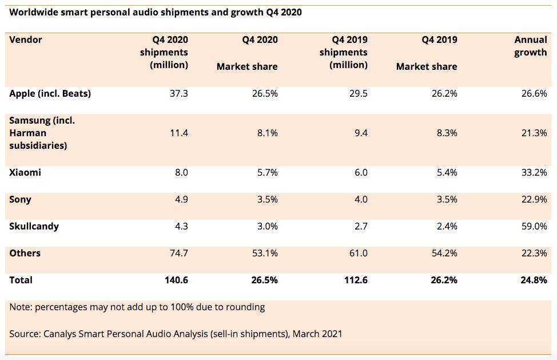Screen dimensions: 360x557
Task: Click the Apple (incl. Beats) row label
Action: coord(50,94)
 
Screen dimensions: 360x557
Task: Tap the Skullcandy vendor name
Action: coord(34,226)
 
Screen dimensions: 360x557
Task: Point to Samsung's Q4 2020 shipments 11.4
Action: coord(177,133)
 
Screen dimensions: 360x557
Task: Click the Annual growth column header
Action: coord(531,46)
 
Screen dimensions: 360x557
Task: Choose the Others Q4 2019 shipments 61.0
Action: coord(356,253)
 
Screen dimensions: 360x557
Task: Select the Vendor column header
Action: coord(26,40)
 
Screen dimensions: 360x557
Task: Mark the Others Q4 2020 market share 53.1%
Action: coord(265,253)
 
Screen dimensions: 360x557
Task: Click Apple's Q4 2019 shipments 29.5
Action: coord(356,94)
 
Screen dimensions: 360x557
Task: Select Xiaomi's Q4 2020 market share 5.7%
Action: coord(266,173)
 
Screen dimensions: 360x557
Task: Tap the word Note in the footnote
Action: coord(20,307)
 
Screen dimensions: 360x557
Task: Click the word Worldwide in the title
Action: coord(35,13)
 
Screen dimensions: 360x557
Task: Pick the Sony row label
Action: coord(20,200)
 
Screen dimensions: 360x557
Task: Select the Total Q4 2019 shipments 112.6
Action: coord(354,280)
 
